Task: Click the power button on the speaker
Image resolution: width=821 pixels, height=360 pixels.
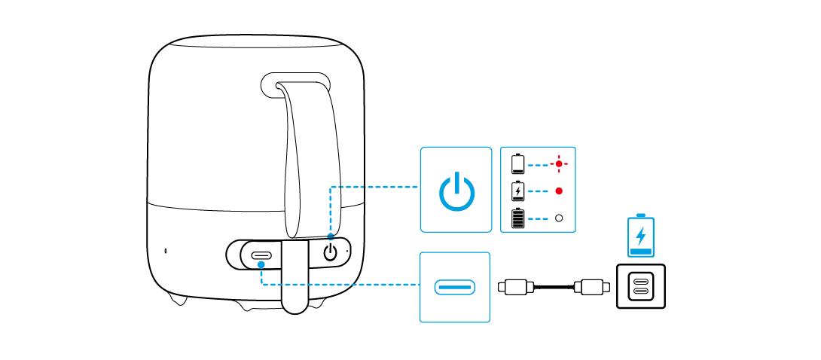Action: point(330,252)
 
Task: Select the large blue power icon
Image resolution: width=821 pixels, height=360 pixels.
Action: point(456,191)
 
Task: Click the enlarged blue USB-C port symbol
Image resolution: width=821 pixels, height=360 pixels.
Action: point(454,287)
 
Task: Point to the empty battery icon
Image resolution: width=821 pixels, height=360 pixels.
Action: point(518,163)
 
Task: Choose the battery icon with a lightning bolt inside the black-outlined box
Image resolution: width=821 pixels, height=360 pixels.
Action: point(518,191)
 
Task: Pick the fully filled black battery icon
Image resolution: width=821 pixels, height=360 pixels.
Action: point(518,218)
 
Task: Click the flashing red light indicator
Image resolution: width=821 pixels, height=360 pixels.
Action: point(559,163)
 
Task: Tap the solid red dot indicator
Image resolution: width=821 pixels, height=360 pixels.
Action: point(559,191)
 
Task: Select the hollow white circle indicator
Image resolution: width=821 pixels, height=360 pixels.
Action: point(559,218)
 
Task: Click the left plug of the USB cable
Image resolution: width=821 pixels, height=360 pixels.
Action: point(516,286)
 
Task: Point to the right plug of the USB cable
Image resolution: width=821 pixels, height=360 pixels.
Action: point(591,286)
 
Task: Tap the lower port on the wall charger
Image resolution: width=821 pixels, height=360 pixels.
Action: point(641,291)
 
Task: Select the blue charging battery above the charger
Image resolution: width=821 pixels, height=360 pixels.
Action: point(641,236)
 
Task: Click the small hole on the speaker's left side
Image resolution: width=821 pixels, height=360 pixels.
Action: point(166,251)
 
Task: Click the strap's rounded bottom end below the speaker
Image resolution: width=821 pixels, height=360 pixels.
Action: point(295,304)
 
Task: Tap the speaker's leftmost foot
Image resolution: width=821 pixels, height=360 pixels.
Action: point(179,299)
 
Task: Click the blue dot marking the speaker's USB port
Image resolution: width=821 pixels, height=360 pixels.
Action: point(261,264)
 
